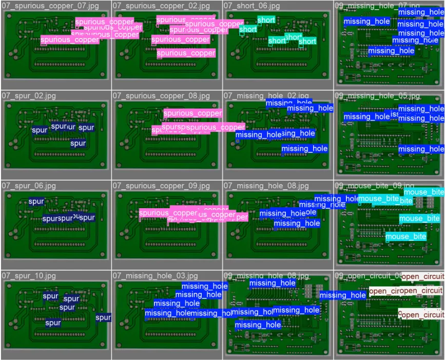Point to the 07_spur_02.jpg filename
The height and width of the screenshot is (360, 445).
(x=29, y=96)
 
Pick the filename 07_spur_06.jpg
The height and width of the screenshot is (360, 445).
(x=29, y=186)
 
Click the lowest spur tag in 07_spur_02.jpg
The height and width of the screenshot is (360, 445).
(x=78, y=144)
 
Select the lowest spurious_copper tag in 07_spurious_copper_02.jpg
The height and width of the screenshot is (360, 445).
(x=186, y=53)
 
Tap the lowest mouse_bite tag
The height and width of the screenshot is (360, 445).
(x=405, y=236)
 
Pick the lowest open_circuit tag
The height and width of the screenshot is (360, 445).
(x=422, y=314)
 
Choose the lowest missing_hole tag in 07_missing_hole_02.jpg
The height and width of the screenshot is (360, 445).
(x=304, y=149)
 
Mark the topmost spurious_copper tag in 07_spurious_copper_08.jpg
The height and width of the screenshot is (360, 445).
(x=192, y=113)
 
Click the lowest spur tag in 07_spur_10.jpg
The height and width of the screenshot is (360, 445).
(x=53, y=323)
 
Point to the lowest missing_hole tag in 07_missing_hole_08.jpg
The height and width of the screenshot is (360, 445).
(x=297, y=224)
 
